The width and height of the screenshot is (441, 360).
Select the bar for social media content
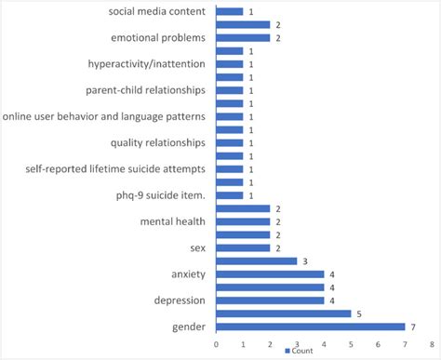pyautogui.click(x=229, y=12)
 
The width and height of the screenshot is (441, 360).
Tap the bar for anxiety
pyautogui.click(x=270, y=274)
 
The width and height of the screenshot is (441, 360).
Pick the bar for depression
pyautogui.click(x=270, y=300)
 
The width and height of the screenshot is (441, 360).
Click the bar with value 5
pyautogui.click(x=284, y=313)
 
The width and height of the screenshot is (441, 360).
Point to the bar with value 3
pyautogui.click(x=256, y=261)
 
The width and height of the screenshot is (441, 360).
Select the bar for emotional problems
pyautogui.click(x=243, y=38)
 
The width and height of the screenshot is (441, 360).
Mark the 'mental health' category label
pyautogui.click(x=172, y=221)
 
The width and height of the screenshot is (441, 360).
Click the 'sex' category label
pyautogui.click(x=197, y=247)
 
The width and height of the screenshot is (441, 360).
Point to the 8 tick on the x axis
pyautogui.click(x=433, y=343)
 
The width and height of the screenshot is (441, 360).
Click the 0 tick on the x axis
pyautogui.click(x=216, y=343)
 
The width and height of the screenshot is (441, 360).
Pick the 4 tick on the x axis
pyautogui.click(x=324, y=343)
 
